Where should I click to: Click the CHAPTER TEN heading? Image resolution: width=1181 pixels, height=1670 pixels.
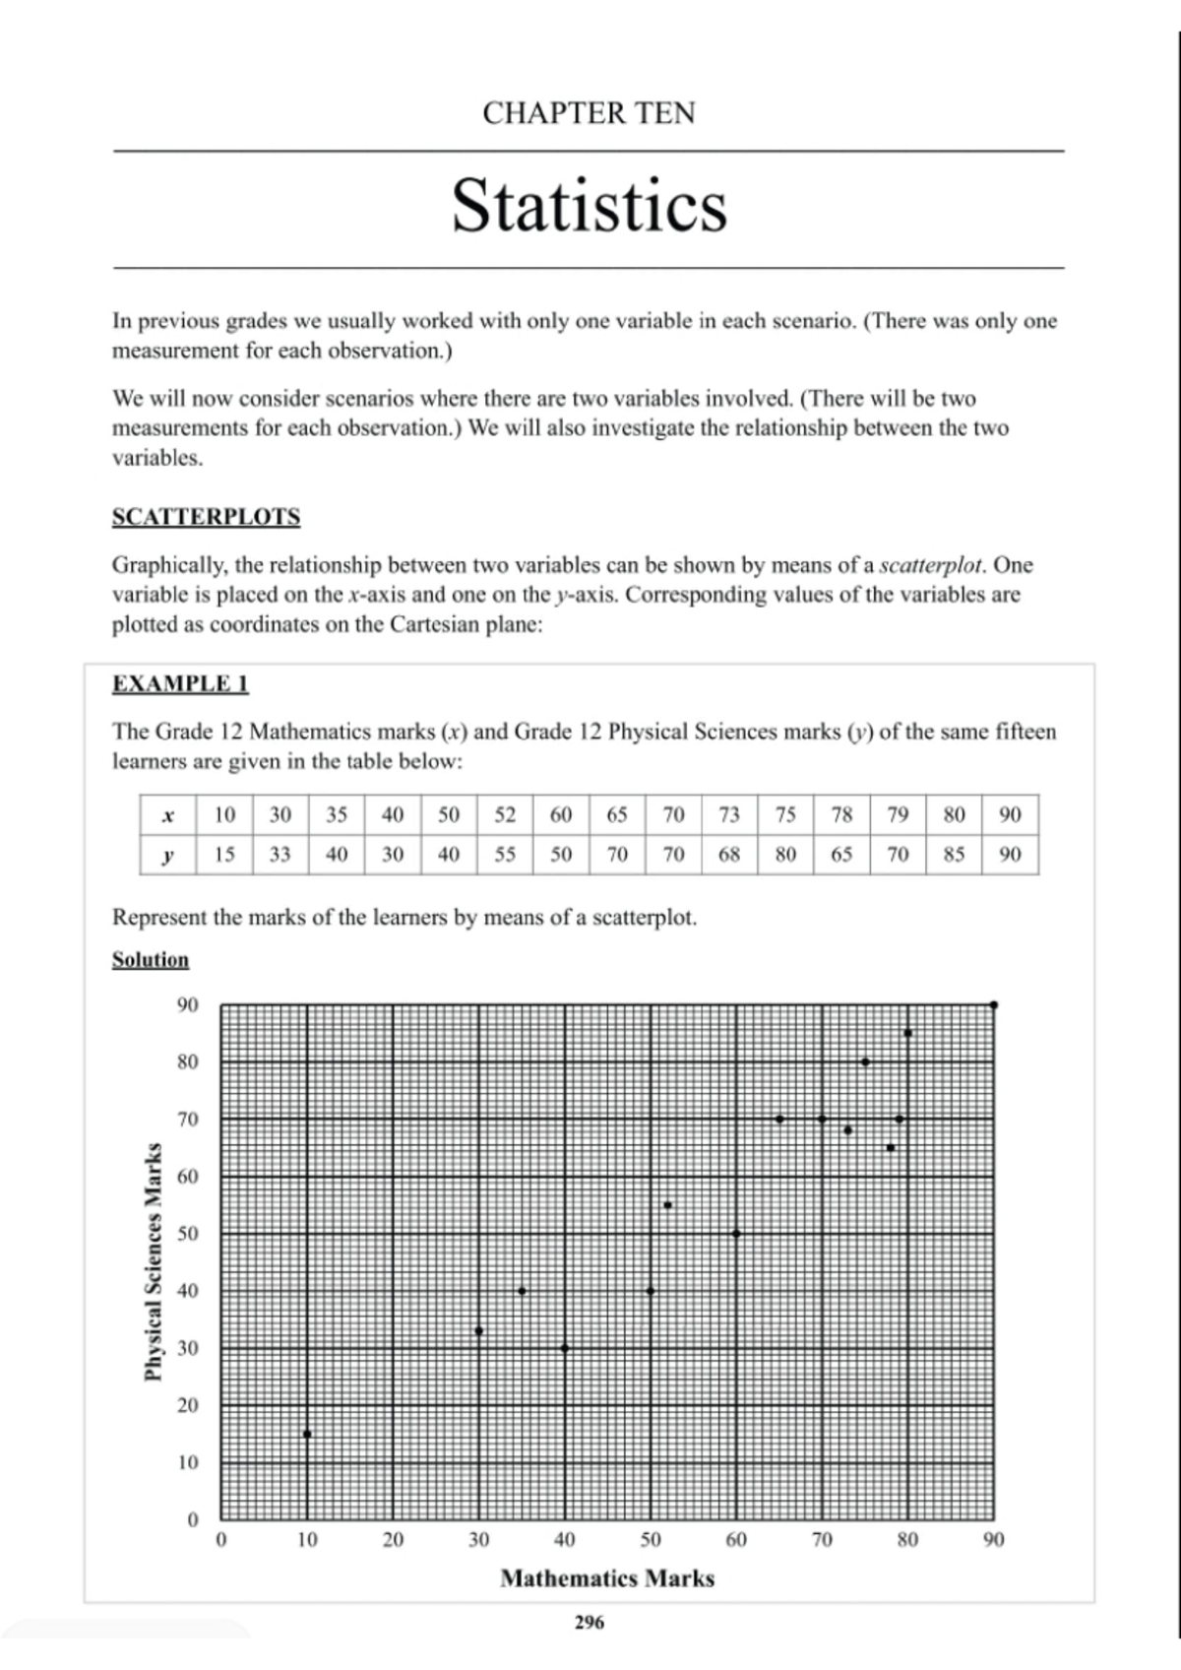589,113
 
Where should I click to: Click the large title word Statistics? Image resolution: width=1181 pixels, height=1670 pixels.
589,206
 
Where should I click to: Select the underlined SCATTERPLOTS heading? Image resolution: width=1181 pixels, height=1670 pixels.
206,517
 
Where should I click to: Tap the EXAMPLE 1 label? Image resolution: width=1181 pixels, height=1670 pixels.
180,683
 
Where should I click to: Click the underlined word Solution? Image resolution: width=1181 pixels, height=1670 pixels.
150,959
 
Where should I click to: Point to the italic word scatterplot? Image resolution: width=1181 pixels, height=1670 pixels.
930,565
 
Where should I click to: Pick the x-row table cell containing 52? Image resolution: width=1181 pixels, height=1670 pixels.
505,814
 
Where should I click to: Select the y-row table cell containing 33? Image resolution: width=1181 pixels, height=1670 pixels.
280,854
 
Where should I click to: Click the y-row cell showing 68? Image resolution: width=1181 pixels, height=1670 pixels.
729,854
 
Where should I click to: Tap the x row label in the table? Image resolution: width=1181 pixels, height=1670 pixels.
168,815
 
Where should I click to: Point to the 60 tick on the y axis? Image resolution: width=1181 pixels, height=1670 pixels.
187,1177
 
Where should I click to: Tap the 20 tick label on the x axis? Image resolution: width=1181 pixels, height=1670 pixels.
393,1539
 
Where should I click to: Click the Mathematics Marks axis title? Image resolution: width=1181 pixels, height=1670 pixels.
607,1578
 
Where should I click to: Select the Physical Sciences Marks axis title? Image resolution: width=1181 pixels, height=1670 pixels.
154,1261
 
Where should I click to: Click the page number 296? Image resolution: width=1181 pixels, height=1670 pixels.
589,1623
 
